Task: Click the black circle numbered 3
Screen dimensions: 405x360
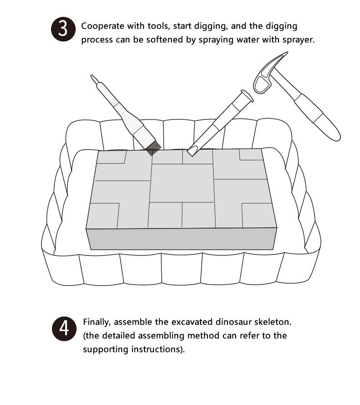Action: click(62, 30)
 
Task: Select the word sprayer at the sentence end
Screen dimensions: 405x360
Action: click(299, 40)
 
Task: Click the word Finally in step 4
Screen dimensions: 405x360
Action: click(97, 322)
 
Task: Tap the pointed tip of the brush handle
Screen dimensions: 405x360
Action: click(93, 78)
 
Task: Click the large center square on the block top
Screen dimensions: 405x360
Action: click(182, 183)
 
